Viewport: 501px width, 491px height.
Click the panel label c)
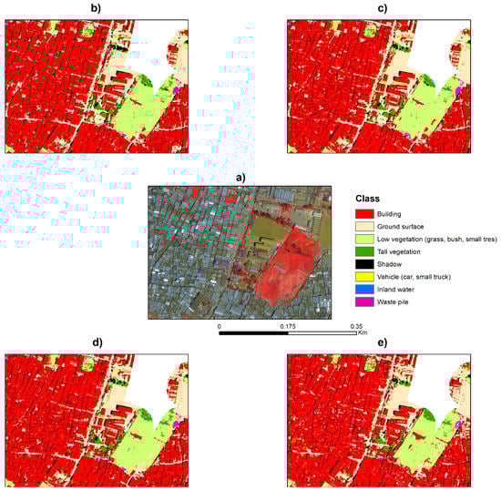pos(381,8)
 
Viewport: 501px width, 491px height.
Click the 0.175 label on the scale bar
pos(288,324)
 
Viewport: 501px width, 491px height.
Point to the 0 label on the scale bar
pos(220,324)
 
